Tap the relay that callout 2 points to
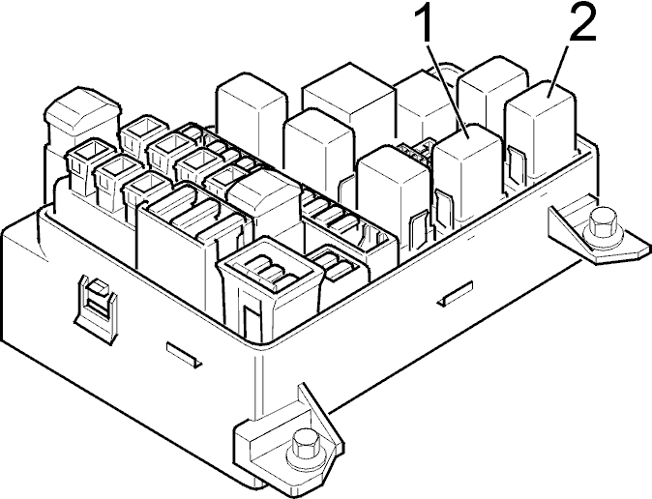coord(542,133)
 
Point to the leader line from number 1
coord(449,91)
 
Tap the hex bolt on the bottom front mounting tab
coord(305,446)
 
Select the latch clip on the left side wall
coord(95,307)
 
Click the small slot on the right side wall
coord(455,294)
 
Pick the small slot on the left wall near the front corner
coord(184,354)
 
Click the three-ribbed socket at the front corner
coord(270,287)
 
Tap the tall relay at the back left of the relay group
coord(252,121)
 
